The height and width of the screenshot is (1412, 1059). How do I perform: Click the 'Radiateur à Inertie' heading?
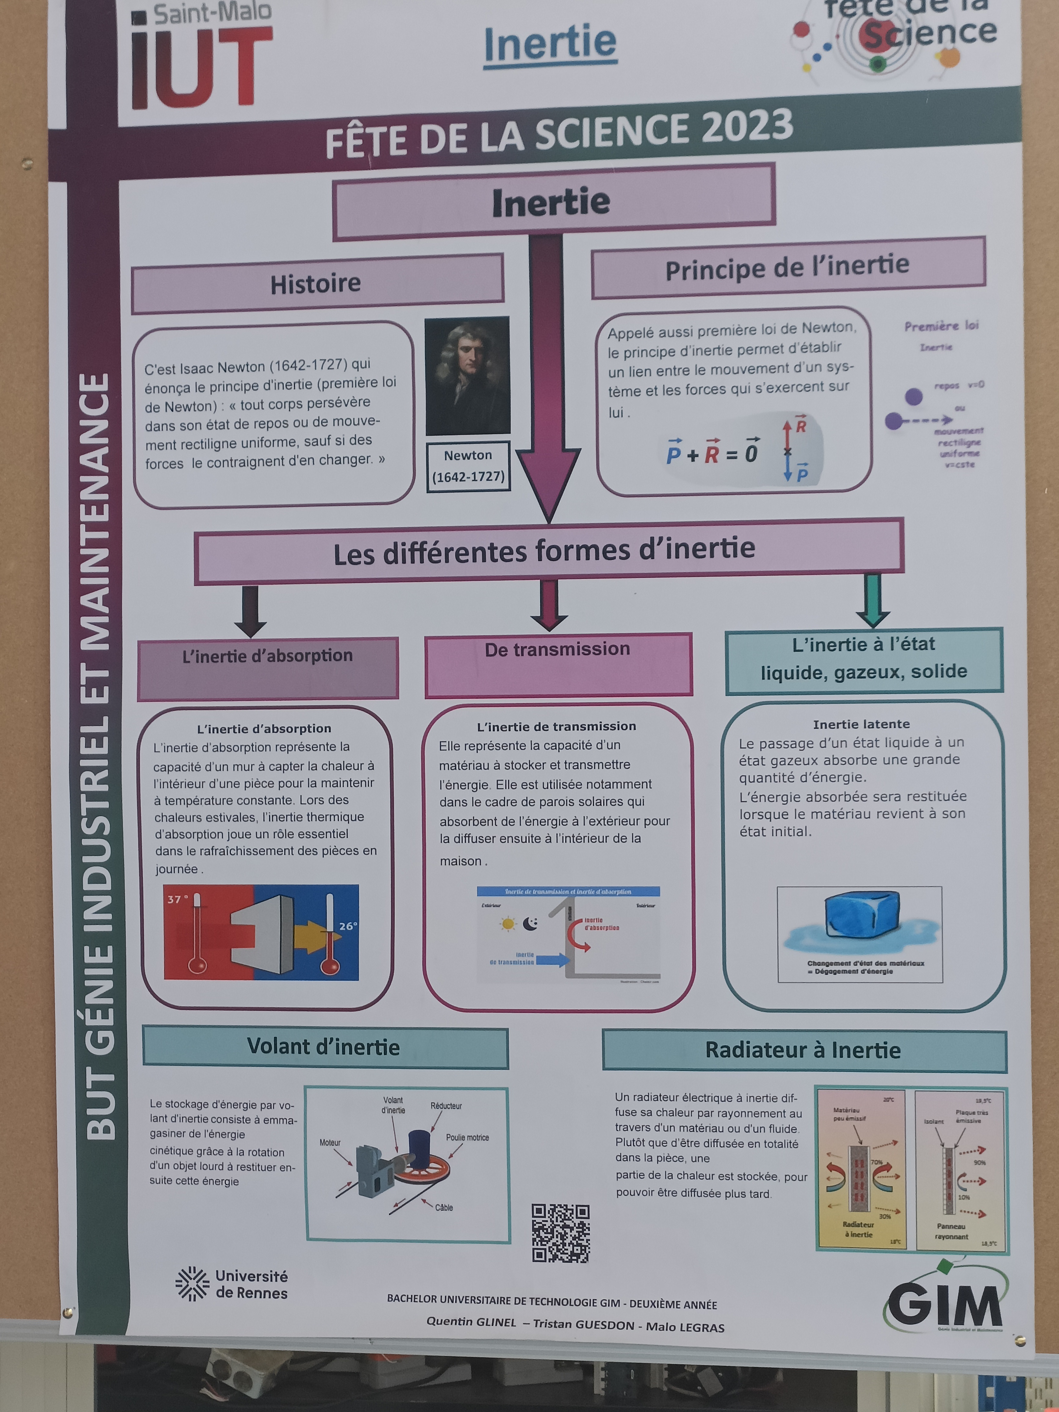click(x=803, y=1050)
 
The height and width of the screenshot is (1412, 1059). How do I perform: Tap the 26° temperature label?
click(x=348, y=926)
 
